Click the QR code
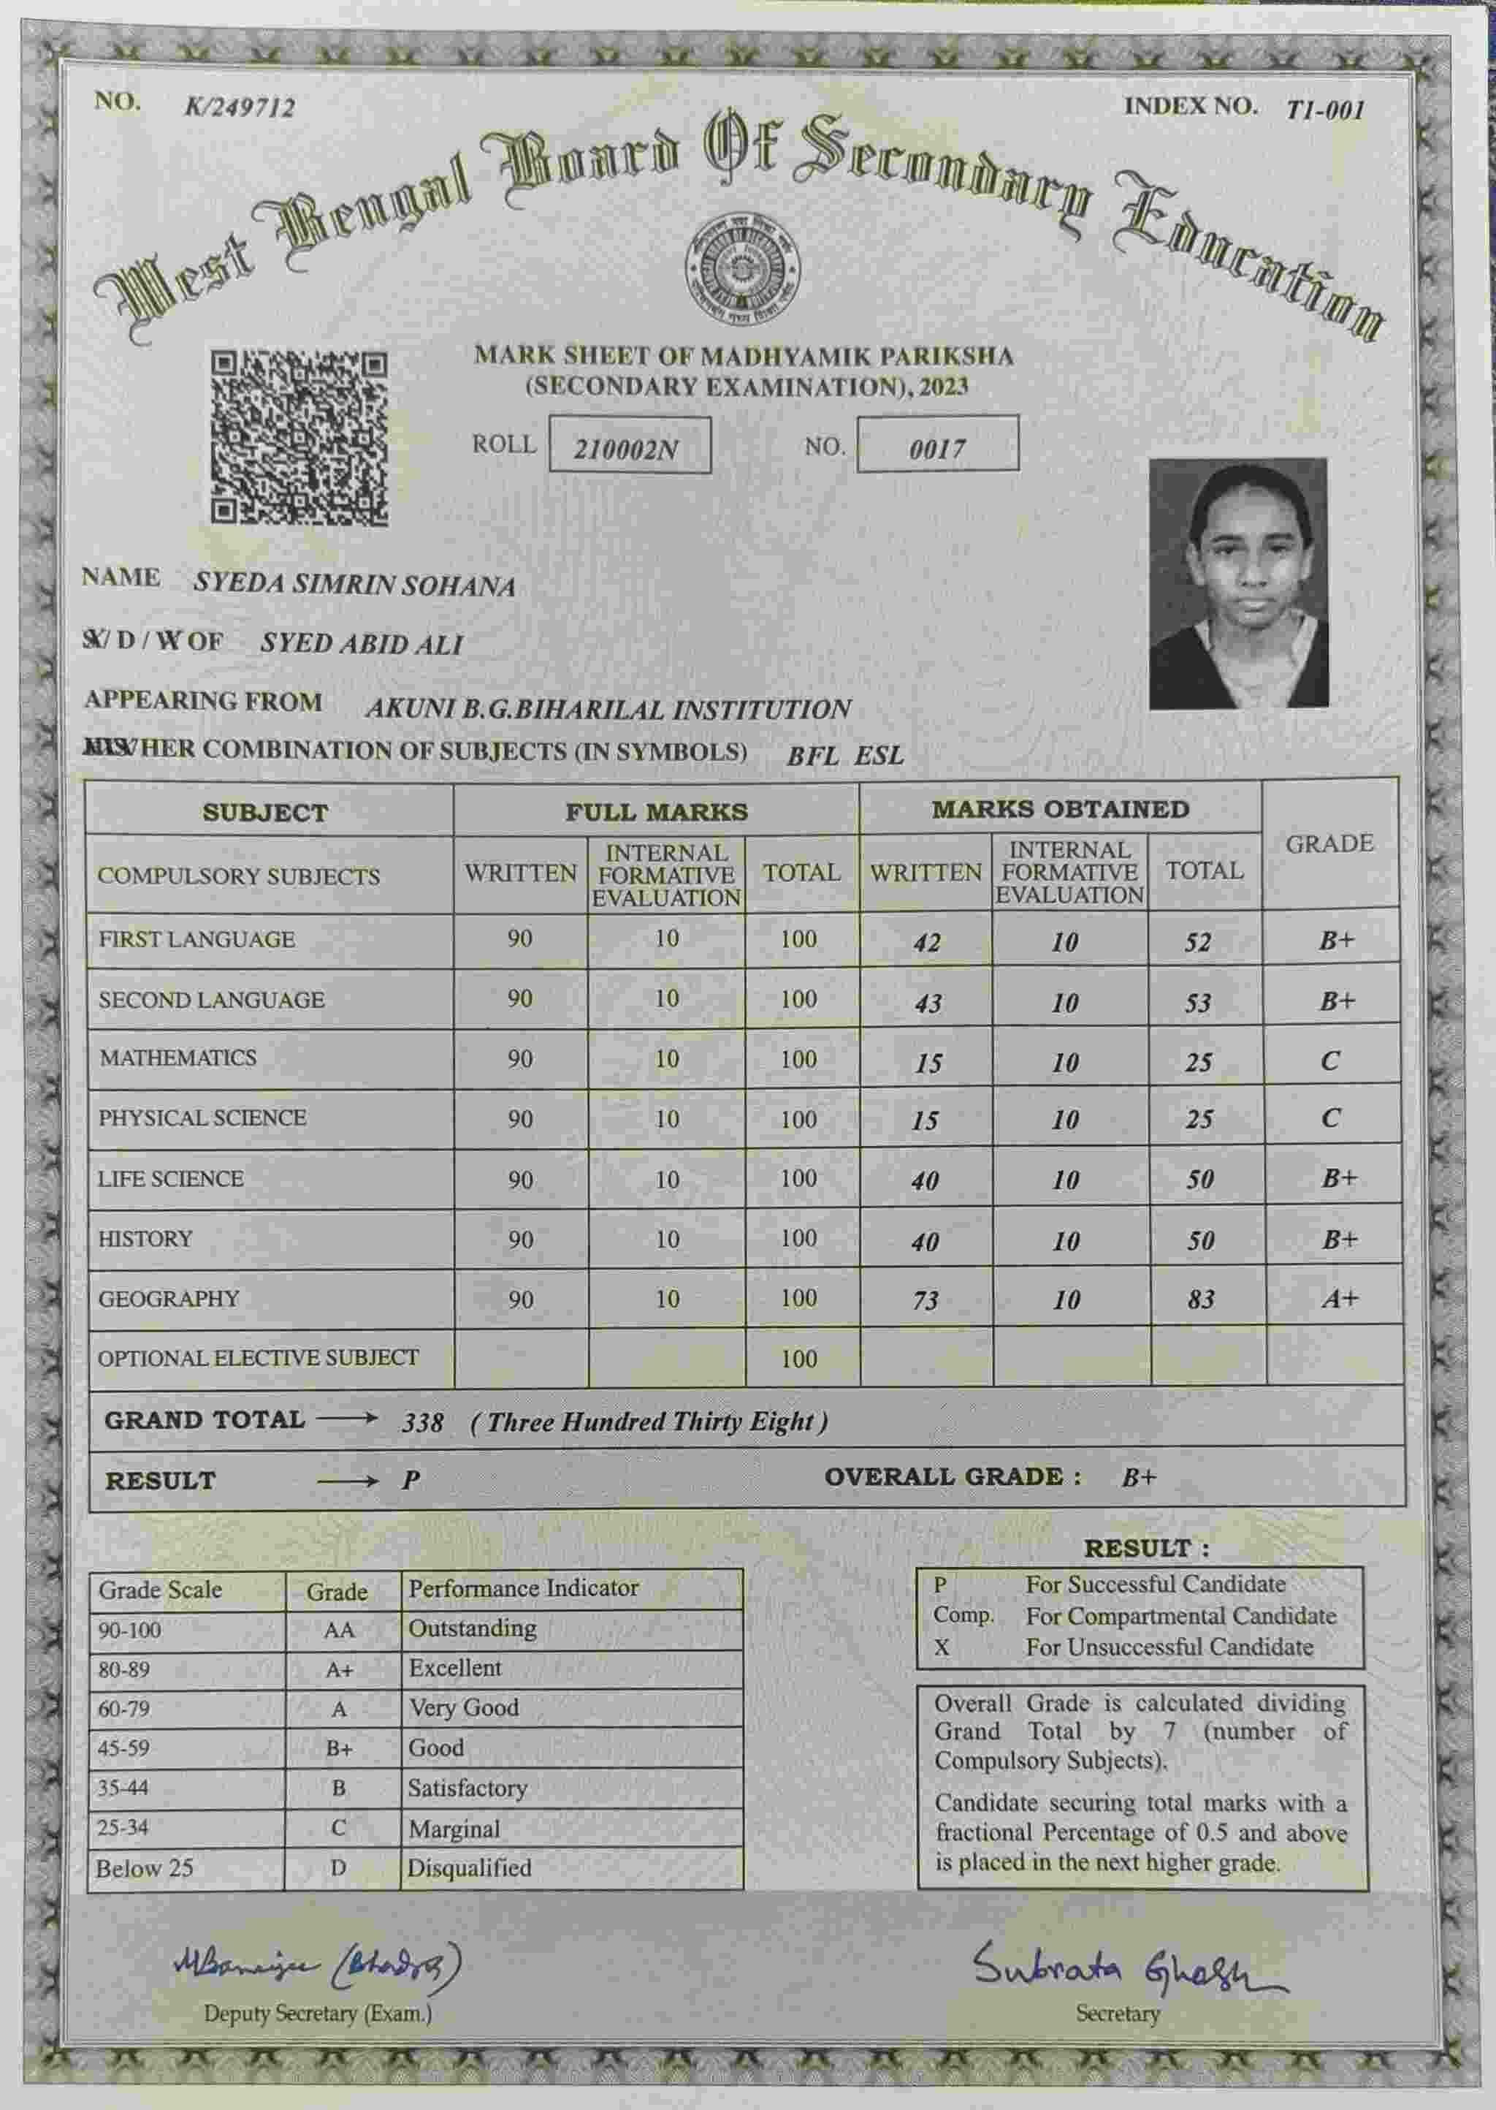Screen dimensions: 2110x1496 click(299, 438)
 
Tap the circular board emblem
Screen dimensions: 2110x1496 click(742, 270)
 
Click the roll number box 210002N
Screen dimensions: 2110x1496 click(629, 446)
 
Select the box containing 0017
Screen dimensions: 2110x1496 click(937, 445)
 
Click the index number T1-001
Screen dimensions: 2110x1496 click(1324, 110)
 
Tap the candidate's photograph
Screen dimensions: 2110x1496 click(1238, 583)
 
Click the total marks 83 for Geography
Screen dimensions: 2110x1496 click(1200, 1299)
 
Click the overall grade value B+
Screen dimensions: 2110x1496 click(1139, 1478)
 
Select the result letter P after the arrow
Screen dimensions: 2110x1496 click(411, 1481)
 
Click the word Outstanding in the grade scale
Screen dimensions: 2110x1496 click(472, 1628)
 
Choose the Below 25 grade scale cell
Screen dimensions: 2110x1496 click(145, 1867)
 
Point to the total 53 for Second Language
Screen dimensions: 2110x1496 click(1197, 1003)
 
